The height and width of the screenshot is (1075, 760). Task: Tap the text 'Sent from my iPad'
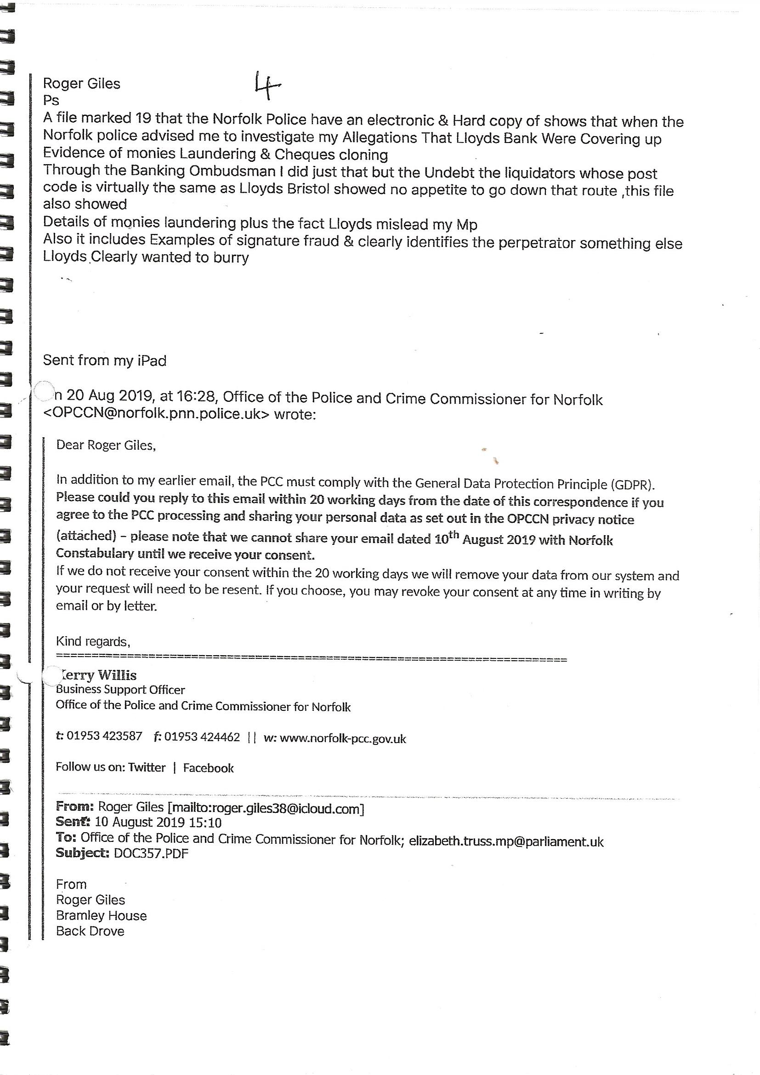click(x=104, y=360)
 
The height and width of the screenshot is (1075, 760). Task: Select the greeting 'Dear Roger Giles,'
click(x=106, y=445)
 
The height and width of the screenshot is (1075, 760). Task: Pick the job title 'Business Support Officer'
click(x=120, y=690)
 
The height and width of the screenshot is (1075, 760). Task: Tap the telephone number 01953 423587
click(x=104, y=736)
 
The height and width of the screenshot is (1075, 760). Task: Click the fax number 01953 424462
click(x=202, y=737)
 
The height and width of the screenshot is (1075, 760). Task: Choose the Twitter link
click(x=147, y=767)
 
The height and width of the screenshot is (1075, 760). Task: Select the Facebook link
click(x=208, y=768)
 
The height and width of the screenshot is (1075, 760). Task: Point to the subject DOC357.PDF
click(x=151, y=853)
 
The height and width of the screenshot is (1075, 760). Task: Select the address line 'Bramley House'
click(x=101, y=916)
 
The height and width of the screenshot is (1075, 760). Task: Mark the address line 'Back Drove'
click(x=90, y=931)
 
